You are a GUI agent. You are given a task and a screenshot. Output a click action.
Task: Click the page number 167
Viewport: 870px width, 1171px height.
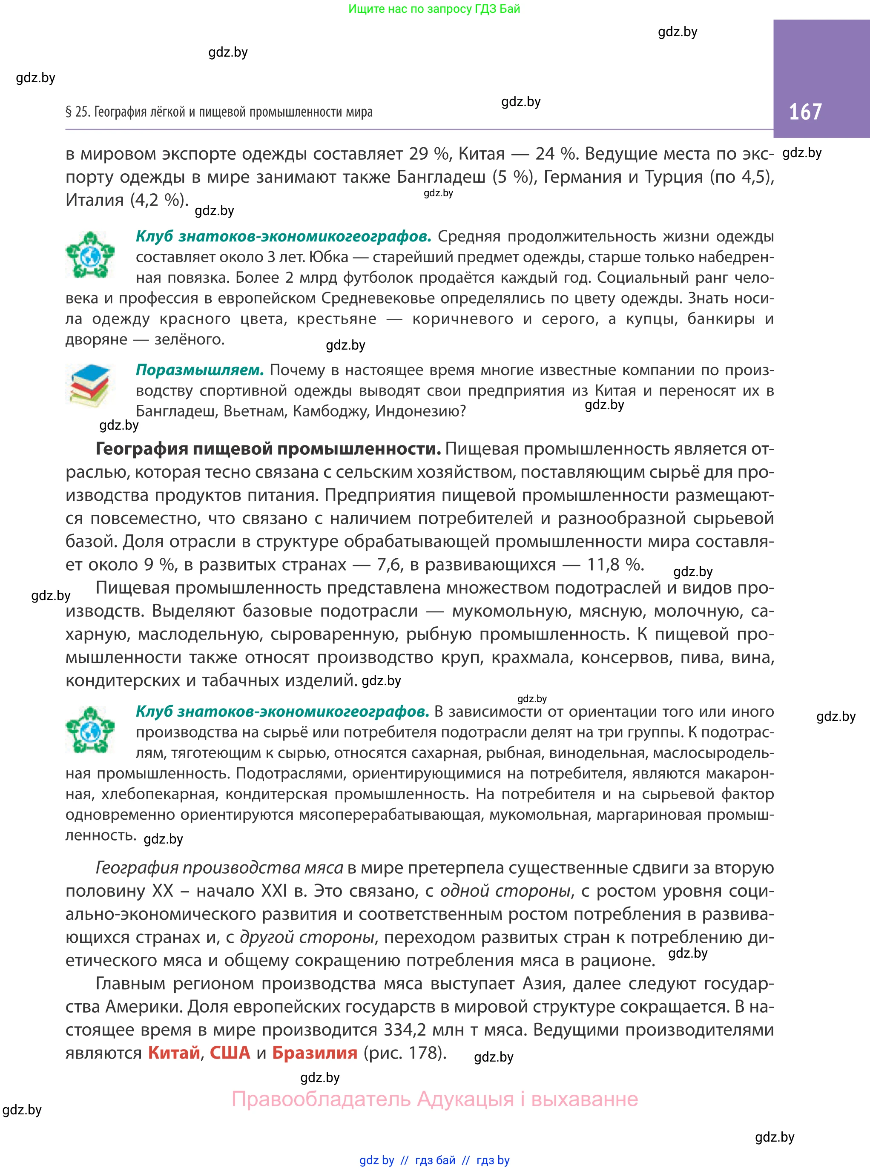tap(805, 112)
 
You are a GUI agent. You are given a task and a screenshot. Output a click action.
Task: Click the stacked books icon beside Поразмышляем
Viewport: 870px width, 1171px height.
tap(90, 385)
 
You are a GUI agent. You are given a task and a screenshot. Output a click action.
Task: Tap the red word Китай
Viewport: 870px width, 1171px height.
tap(174, 1053)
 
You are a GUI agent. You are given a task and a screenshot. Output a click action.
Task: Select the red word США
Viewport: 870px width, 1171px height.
tap(230, 1053)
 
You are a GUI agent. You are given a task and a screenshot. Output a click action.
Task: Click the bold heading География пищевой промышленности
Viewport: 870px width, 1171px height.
tap(268, 449)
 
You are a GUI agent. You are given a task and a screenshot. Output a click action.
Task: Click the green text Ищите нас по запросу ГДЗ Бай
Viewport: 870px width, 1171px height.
tap(434, 9)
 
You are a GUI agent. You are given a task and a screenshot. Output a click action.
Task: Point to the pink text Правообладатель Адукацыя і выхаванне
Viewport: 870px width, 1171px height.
tap(434, 1099)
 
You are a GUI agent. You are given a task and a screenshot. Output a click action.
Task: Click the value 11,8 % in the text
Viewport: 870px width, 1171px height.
tap(615, 565)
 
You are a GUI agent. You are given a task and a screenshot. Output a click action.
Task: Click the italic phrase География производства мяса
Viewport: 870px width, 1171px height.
tap(219, 868)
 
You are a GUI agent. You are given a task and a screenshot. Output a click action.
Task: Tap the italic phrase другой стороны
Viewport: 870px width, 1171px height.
tap(307, 937)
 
